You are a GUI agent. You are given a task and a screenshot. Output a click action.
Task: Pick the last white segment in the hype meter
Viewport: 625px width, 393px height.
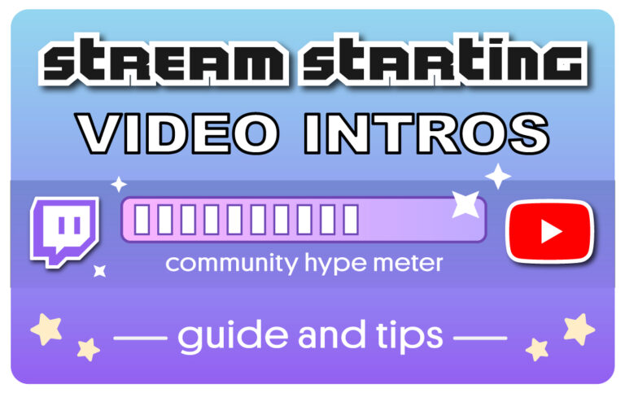[x=350, y=220]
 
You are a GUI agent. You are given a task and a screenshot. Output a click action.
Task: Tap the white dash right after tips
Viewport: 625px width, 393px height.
[x=480, y=337]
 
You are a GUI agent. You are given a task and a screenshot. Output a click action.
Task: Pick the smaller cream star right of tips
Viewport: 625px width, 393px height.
[x=537, y=350]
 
